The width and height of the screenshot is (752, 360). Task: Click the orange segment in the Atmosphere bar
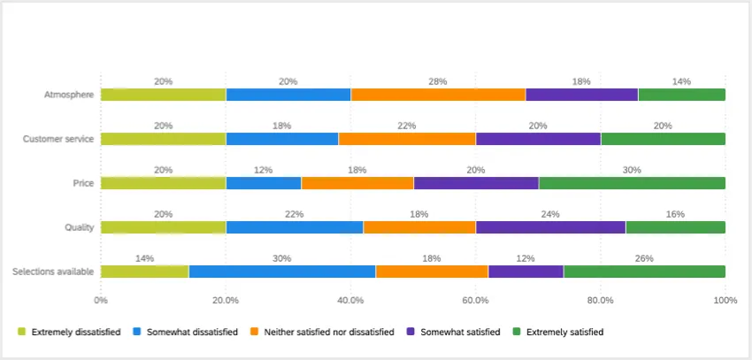click(x=438, y=95)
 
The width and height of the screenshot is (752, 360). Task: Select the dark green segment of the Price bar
click(x=632, y=183)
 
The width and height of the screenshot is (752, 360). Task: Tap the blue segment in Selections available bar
click(x=282, y=272)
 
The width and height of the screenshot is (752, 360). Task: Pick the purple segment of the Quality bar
click(x=550, y=227)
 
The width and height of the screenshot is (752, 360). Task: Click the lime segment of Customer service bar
click(x=163, y=139)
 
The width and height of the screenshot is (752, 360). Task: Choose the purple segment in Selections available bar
click(x=526, y=272)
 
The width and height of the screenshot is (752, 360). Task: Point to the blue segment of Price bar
click(x=264, y=183)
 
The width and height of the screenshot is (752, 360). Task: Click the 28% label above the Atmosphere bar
click(x=438, y=81)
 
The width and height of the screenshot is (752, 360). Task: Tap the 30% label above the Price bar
click(x=632, y=170)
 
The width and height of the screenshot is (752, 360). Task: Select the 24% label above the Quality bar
click(x=550, y=214)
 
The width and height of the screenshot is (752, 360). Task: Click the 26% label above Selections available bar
click(x=644, y=258)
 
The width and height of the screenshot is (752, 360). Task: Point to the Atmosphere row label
click(x=69, y=95)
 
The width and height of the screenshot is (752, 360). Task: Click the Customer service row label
click(x=58, y=139)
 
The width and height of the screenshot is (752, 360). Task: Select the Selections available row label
click(x=53, y=272)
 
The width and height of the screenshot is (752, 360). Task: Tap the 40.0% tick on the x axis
click(x=350, y=300)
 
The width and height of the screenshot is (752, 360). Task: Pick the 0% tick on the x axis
click(x=101, y=300)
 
